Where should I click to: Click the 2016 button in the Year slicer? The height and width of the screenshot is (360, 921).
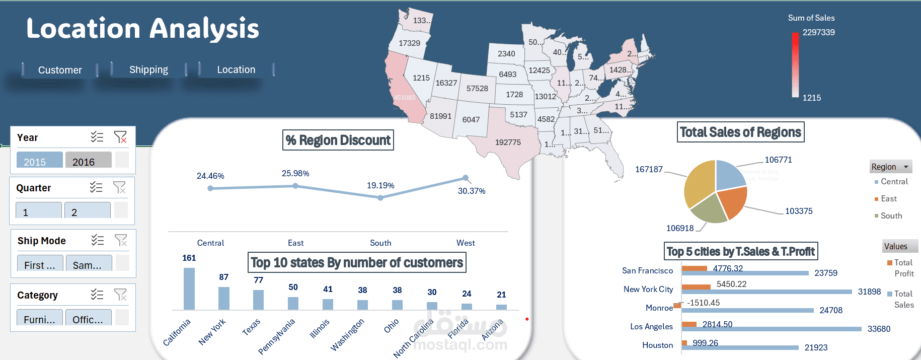click(88, 161)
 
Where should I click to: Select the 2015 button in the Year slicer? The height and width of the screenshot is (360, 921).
click(39, 161)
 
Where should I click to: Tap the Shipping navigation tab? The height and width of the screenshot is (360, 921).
click(148, 69)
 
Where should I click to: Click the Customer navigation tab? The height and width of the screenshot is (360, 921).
click(60, 70)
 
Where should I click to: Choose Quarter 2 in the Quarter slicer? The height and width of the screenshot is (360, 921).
click(87, 211)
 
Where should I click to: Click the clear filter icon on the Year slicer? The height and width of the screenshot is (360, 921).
click(120, 137)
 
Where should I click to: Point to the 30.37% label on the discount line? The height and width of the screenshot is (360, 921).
click(471, 191)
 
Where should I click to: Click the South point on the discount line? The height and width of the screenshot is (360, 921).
click(380, 198)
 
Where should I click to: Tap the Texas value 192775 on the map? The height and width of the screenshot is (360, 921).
click(508, 142)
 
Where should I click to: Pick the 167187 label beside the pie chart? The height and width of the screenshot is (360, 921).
click(649, 169)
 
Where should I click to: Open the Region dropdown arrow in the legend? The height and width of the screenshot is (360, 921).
click(906, 167)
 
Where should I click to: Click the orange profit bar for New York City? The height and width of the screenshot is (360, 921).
click(696, 287)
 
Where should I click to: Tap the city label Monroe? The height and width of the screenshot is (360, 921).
click(659, 308)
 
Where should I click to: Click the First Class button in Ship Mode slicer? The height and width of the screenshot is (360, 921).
click(39, 264)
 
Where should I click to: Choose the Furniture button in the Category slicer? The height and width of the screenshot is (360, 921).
click(39, 319)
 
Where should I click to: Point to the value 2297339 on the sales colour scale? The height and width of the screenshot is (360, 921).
click(818, 32)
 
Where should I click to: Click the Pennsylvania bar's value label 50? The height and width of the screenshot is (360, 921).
click(293, 287)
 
